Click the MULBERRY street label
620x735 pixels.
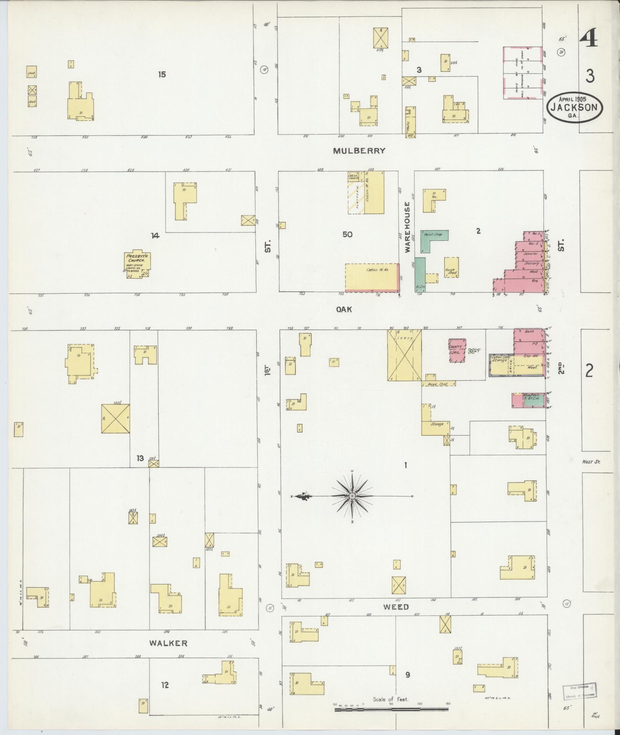pos(359,151)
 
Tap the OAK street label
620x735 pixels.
pos(344,309)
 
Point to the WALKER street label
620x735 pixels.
pos(168,643)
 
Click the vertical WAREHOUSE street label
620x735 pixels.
pos(407,227)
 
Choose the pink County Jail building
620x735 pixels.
pos(456,350)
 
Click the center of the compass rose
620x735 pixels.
pos(352,496)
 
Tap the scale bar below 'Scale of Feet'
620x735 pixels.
pos(392,709)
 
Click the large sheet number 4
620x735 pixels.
pos(588,38)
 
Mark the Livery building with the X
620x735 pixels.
pos(404,355)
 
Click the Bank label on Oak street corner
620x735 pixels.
pos(529,331)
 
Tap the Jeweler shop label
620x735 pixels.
pos(530,254)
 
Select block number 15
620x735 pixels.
pos(162,74)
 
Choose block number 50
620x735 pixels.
pos(347,234)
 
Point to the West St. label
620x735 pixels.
pos(591,462)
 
